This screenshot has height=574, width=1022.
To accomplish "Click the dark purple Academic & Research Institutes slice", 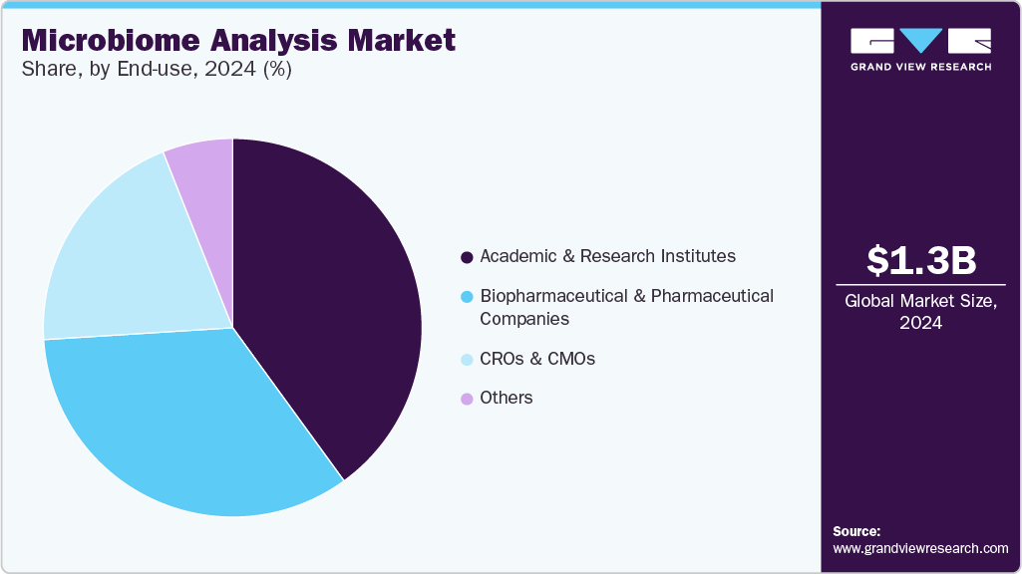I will tap(329, 299).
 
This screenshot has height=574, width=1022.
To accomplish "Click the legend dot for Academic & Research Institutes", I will tap(466, 257).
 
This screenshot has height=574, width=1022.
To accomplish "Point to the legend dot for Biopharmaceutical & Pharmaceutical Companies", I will tap(466, 297).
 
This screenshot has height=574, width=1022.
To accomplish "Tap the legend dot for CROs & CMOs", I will tap(466, 359).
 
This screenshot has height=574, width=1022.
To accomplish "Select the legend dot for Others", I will tap(466, 399).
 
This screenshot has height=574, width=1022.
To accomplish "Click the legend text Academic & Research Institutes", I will tap(607, 256).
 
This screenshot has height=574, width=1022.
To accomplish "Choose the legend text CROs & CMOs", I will tap(537, 359).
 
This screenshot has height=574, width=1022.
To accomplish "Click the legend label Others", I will tap(507, 398).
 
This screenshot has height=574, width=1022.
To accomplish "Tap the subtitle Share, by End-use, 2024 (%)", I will tap(157, 70).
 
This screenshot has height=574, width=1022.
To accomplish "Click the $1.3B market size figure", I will tap(920, 261).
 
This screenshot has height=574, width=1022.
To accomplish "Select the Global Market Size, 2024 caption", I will tap(920, 311).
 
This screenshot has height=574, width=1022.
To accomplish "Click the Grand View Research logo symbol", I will tap(920, 41).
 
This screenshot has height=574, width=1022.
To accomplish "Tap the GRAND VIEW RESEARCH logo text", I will tap(920, 67).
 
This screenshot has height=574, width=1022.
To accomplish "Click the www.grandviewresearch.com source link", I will tap(920, 548).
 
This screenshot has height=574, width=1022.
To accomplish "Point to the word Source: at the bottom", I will tap(856, 531).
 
